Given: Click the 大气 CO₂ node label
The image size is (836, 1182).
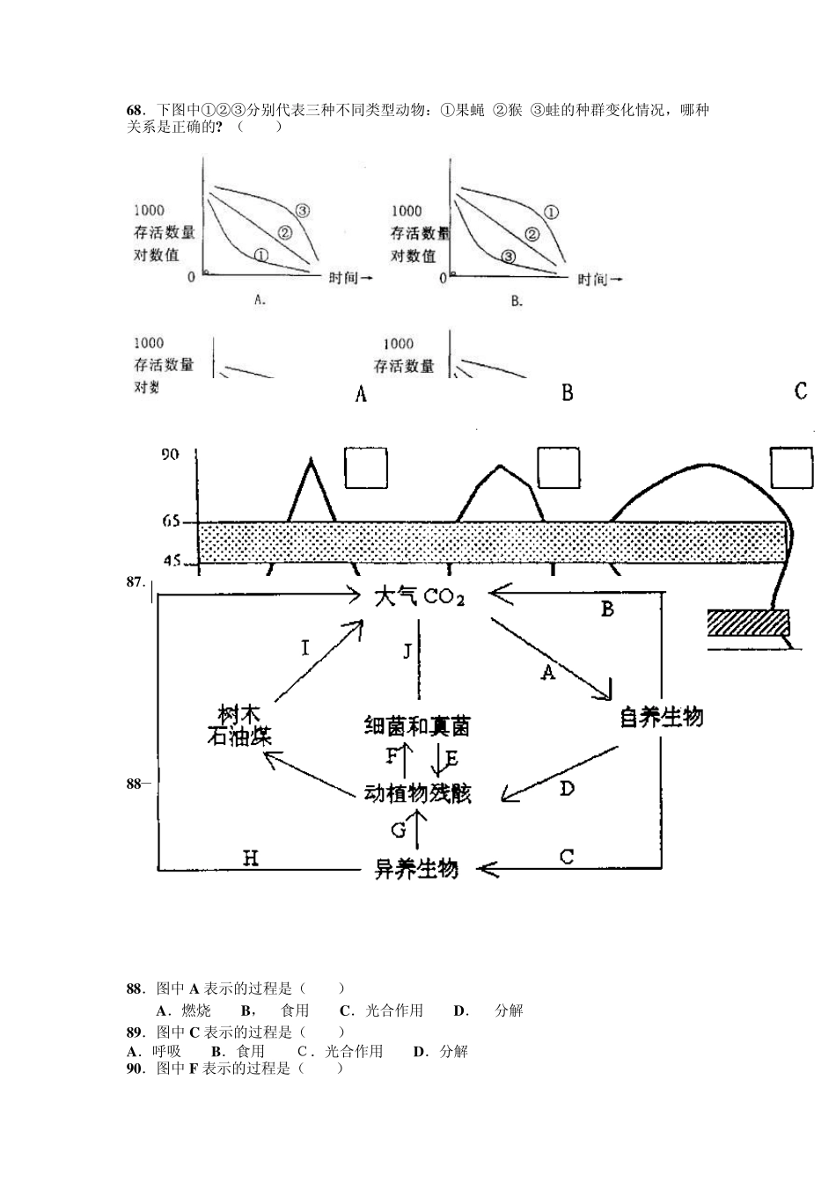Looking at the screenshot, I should [419, 596].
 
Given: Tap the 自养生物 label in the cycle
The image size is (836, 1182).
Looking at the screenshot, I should [661, 718].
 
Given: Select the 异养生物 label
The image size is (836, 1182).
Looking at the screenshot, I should [416, 869].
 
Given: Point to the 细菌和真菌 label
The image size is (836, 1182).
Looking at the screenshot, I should [416, 726].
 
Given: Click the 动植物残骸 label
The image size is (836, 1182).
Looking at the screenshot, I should [417, 792].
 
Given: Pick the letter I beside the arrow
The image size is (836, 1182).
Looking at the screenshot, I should [305, 648].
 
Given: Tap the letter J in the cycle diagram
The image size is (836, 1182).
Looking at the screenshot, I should [407, 651].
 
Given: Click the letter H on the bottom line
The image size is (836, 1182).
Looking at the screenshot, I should [251, 858].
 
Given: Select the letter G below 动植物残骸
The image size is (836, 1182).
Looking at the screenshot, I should [399, 829].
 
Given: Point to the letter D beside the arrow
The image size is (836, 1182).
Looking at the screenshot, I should [567, 788].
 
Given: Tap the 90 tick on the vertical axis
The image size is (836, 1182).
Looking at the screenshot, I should [169, 455].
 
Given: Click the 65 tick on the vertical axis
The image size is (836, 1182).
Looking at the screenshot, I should [170, 522].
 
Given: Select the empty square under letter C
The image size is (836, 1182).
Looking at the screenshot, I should [791, 467].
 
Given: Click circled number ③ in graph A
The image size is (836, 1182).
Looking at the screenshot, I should [302, 210].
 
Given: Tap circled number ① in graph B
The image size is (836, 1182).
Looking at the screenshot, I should [551, 211].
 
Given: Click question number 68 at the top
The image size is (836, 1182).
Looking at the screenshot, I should [135, 111].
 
